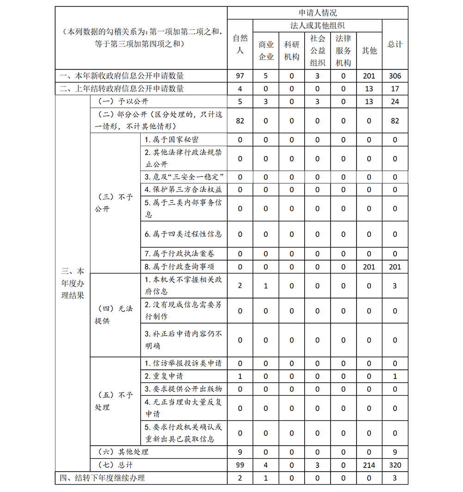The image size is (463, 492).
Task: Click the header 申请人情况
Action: pyautogui.click(x=318, y=13)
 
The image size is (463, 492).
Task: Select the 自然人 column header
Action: pyautogui.click(x=240, y=44)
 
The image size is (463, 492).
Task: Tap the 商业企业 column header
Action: pyautogui.click(x=266, y=50)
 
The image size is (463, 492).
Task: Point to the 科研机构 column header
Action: pyautogui.click(x=292, y=50)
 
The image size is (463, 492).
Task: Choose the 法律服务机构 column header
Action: pyautogui.click(x=343, y=50)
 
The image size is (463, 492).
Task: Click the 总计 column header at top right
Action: pyautogui.click(x=395, y=44)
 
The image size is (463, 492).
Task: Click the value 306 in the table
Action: pyautogui.click(x=395, y=76)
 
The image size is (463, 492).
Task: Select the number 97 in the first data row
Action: pyautogui.click(x=240, y=76)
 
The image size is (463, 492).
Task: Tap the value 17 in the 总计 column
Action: pyautogui.click(x=395, y=88)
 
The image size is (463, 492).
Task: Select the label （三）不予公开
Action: pyautogui.click(x=114, y=203)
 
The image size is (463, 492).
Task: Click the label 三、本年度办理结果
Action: pyautogui.click(x=73, y=283)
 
